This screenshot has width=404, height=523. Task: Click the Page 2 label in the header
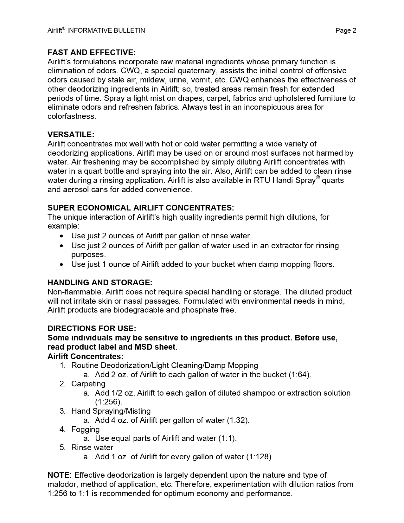pos(346,30)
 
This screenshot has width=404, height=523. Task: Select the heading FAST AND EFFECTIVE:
pos(92,52)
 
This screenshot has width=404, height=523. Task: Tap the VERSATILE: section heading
pos(71,134)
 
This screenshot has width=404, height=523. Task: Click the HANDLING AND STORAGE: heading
pos(100,282)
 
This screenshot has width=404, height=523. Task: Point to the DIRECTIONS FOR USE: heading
pos(92,328)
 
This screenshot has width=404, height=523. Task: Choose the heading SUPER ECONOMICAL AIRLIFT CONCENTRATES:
pos(141,208)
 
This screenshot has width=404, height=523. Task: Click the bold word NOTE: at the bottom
pos(60,475)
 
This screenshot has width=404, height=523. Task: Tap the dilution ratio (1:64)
pos(299,375)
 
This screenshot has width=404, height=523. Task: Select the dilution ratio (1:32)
pos(238,420)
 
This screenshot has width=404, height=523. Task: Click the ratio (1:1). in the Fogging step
pos(227,438)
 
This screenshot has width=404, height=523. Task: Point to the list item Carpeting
pos(88,384)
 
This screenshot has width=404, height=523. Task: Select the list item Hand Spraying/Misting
pos(111,411)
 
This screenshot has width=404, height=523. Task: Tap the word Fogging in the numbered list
pos(86,429)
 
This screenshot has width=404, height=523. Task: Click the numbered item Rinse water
pos(92,448)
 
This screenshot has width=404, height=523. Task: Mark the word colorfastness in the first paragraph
pos(72,116)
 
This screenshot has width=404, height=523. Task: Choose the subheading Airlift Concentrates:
pos(86,356)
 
